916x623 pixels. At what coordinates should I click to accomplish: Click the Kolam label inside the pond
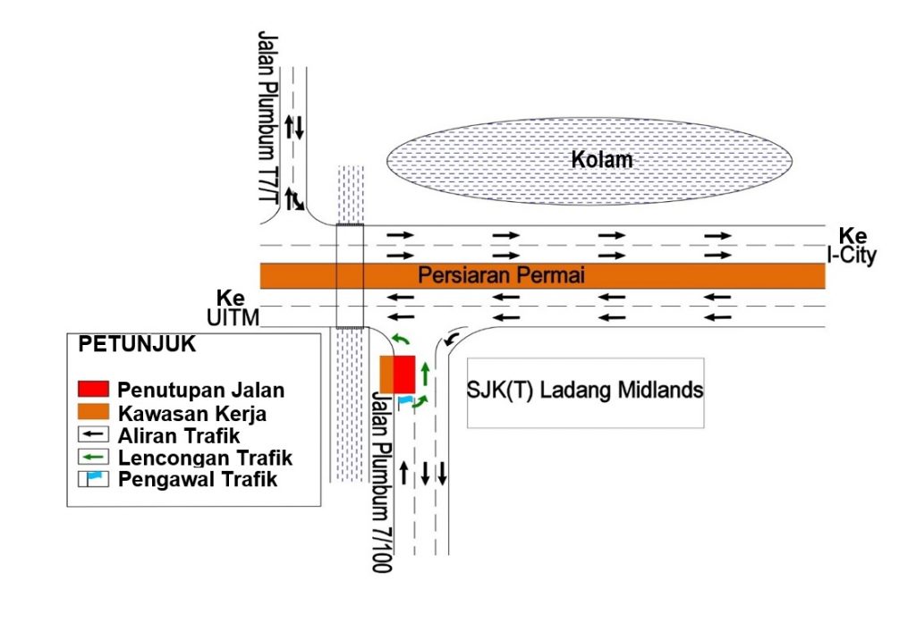coord(602,159)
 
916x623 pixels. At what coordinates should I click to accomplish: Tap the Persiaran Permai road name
coord(501,275)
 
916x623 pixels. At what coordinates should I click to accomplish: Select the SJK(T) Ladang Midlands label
coord(585,390)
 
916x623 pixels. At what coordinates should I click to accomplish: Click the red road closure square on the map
coord(403,375)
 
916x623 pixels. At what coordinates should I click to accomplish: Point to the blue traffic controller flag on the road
coord(405,401)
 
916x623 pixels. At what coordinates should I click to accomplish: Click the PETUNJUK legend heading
coord(137,344)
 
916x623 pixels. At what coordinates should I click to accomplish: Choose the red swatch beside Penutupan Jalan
coord(93,389)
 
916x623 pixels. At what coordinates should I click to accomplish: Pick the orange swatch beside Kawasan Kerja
coord(93,412)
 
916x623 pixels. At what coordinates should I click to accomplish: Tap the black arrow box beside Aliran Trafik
coord(93,434)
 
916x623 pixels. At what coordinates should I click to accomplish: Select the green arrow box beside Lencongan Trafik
coord(93,457)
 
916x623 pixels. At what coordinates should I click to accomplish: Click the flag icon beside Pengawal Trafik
coord(93,479)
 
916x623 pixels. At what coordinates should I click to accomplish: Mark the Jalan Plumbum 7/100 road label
coord(381,483)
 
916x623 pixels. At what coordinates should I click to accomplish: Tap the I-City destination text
coord(852,256)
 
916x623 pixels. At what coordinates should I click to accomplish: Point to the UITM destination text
coord(233,317)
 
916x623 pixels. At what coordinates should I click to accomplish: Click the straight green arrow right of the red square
coord(425,375)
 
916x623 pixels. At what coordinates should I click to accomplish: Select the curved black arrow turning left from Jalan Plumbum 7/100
coord(451,339)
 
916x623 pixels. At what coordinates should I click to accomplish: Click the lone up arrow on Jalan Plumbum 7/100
coord(403,473)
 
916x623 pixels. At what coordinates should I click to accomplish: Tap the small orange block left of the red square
coord(386,375)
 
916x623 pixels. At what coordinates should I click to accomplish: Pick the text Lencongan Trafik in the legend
coord(205,458)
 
